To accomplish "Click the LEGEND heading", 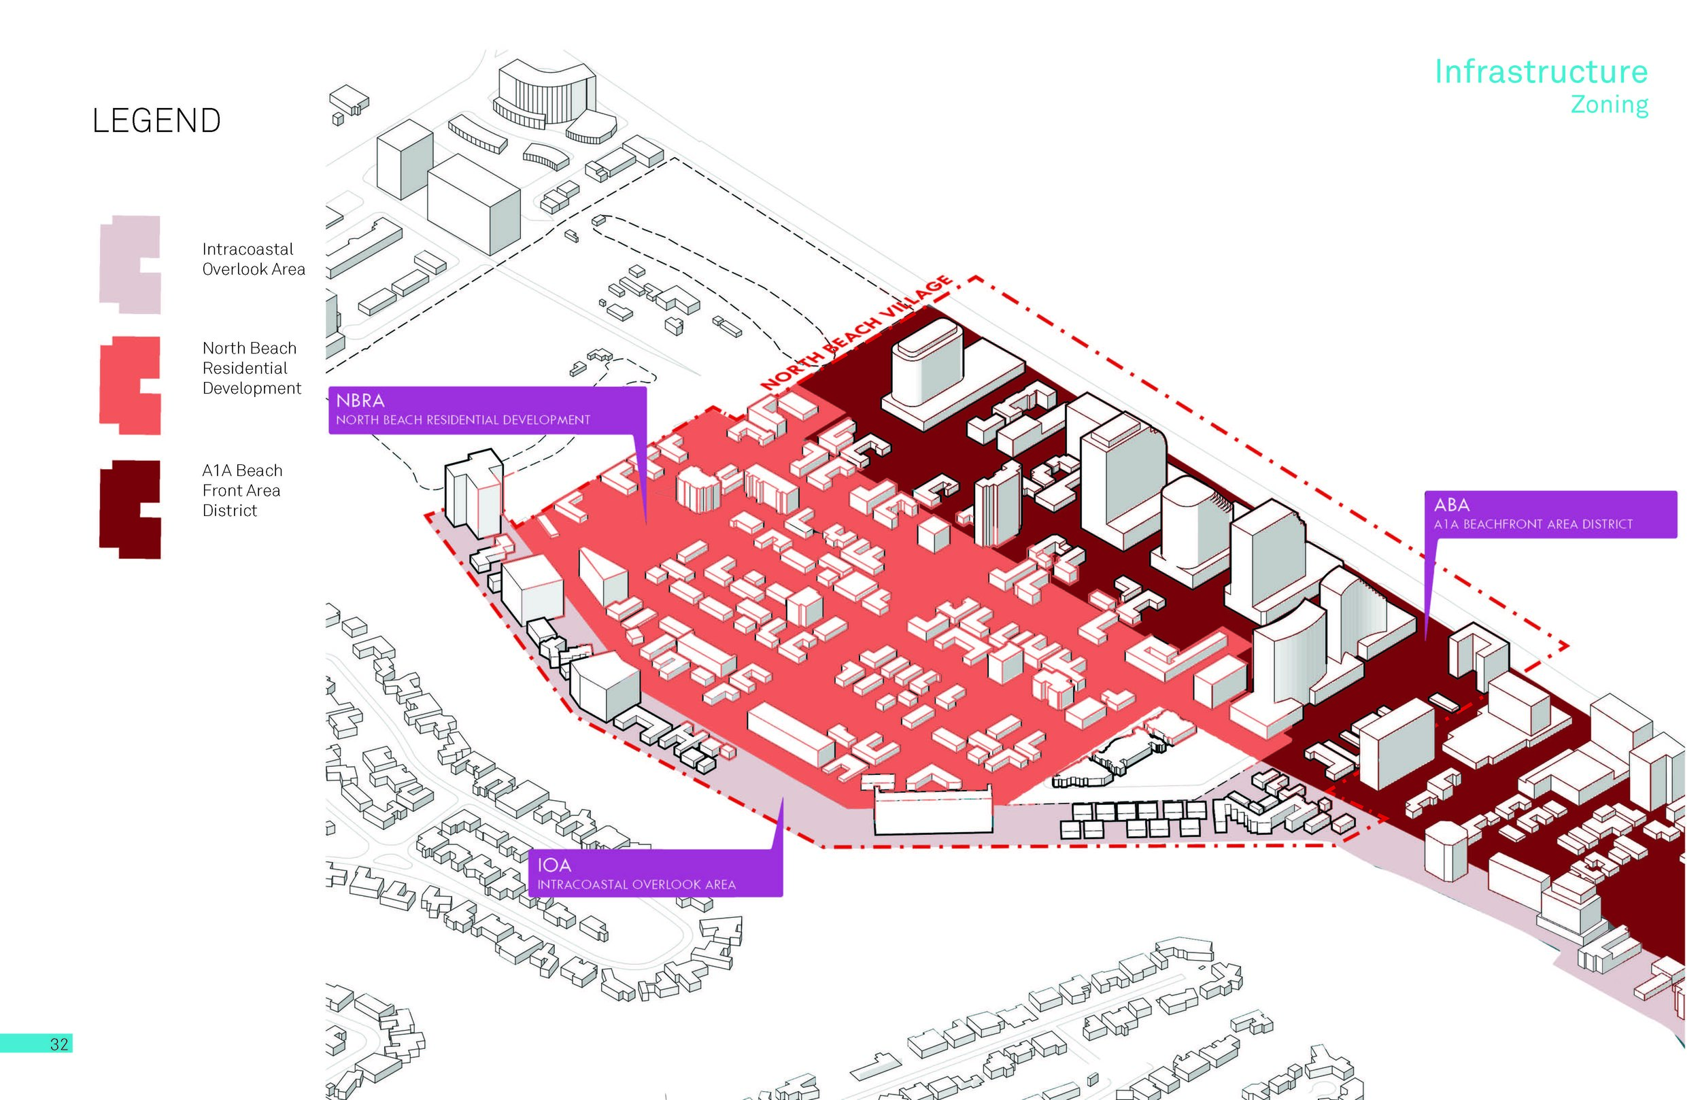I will click(156, 121).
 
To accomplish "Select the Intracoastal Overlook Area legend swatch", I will click(130, 264).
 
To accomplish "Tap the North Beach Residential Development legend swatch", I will click(130, 385).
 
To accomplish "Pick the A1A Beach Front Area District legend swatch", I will click(130, 509).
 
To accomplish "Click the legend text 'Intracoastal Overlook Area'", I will click(253, 259).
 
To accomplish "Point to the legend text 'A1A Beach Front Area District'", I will click(241, 490).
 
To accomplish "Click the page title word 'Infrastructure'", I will click(1541, 72).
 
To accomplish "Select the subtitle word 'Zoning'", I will click(1609, 105).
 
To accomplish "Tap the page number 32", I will click(59, 1044).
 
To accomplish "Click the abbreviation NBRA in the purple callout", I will click(360, 400).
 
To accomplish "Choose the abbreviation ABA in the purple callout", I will click(1451, 505).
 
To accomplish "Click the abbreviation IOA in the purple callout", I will click(554, 865).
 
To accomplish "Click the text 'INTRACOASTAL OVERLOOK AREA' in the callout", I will click(636, 885).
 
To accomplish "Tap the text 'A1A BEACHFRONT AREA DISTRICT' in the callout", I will click(1533, 524).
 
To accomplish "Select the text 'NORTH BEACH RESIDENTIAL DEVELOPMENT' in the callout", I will click(463, 420).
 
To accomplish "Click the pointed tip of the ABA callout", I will click(1426, 639).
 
